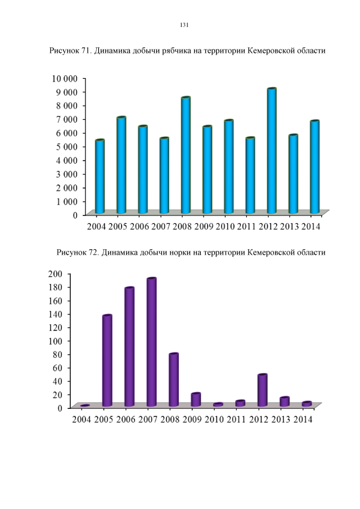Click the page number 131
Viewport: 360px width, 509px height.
point(183,25)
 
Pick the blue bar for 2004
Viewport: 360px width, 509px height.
point(100,177)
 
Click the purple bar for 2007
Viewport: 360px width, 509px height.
point(151,342)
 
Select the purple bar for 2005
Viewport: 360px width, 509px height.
point(107,361)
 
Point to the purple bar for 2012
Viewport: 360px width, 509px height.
point(262,390)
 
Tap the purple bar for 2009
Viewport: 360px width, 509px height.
point(196,399)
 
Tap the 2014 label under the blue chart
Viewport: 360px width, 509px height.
point(310,227)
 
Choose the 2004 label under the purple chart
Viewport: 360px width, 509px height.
point(81,420)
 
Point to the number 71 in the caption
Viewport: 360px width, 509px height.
point(86,51)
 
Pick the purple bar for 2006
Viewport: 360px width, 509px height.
point(129,347)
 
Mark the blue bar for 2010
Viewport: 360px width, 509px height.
point(228,167)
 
